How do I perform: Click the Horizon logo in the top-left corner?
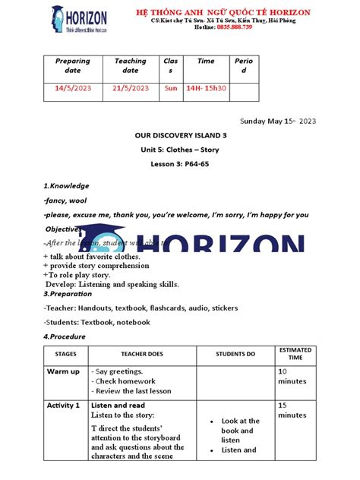click(79, 19)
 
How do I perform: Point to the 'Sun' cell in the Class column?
click(171, 88)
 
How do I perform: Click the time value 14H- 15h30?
click(206, 88)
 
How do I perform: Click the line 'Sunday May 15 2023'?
click(278, 121)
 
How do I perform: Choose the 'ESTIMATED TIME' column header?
click(295, 354)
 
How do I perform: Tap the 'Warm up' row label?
click(63, 371)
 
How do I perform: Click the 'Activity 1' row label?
click(63, 406)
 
